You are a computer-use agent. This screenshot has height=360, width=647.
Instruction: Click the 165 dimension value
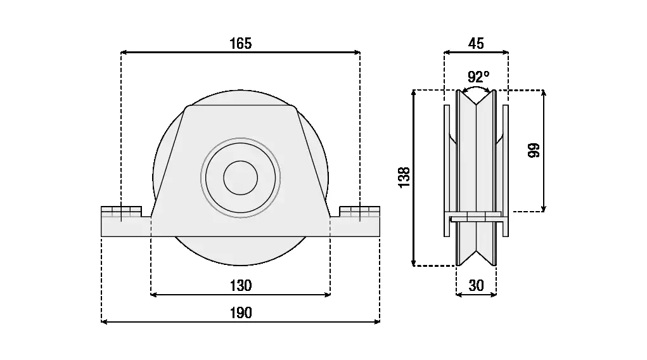(241, 43)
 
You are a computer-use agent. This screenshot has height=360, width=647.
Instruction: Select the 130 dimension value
(241, 285)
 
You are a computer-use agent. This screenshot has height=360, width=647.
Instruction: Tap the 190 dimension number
(241, 312)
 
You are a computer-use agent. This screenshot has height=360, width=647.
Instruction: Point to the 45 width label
(476, 43)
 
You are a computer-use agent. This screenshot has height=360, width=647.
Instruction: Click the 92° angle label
(478, 77)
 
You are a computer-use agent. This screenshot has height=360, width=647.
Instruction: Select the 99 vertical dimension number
(533, 150)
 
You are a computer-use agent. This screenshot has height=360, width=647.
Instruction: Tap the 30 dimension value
(476, 285)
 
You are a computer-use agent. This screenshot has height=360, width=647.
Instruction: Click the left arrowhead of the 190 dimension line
(105, 322)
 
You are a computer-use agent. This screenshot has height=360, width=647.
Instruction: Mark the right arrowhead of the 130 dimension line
(328, 294)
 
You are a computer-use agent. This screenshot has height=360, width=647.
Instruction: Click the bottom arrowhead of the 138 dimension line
(413, 263)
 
